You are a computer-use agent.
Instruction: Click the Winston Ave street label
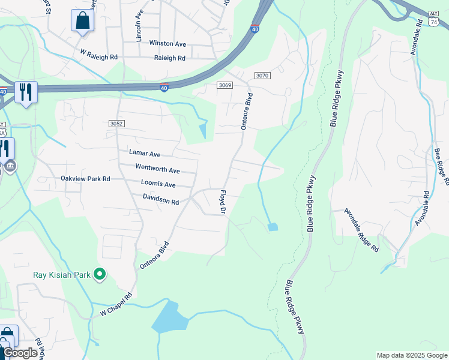tap(167, 44)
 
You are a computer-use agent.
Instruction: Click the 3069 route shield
tap(224, 85)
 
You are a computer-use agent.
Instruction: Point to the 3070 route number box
tap(262, 76)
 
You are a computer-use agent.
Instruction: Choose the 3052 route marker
tap(116, 123)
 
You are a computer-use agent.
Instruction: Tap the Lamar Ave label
tap(145, 154)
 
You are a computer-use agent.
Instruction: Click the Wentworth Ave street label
tap(157, 170)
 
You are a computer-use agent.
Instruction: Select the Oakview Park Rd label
tap(86, 179)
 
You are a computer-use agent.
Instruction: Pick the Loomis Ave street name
tap(158, 184)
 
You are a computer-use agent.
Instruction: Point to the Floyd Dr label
tap(221, 202)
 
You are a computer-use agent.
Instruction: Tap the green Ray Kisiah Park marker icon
tap(100, 275)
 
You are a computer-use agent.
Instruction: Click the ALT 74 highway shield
tap(434, 19)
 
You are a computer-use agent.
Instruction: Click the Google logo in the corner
tap(20, 353)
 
